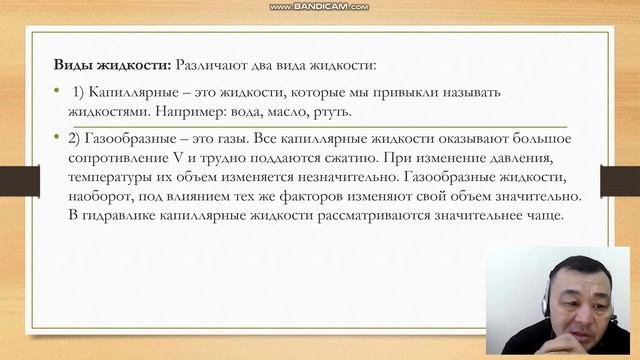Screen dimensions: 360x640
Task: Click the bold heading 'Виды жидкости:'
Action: click(x=112, y=65)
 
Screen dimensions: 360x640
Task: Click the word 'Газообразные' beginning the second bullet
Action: click(x=134, y=138)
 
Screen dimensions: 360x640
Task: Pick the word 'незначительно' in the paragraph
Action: click(x=330, y=176)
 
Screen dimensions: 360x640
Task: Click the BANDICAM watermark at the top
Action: click(x=319, y=6)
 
